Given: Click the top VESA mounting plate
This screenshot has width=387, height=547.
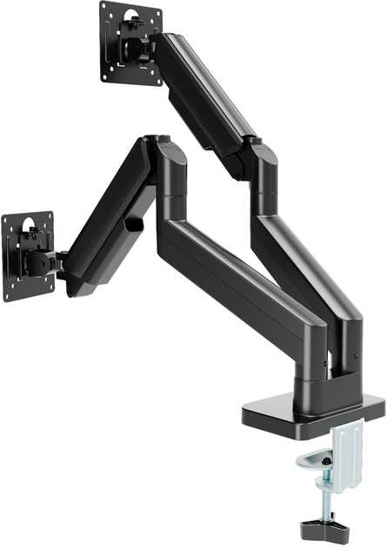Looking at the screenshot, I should coord(130,43).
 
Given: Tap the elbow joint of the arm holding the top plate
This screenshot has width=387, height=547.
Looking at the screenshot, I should coord(261,156).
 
